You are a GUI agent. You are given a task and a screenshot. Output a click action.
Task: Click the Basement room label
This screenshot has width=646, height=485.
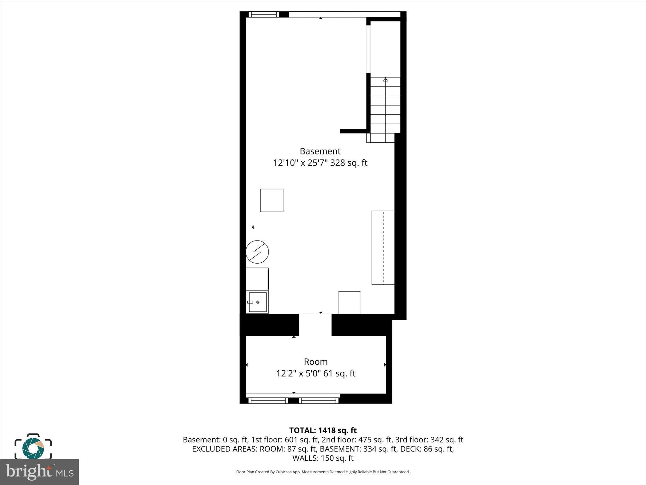coord(320,151)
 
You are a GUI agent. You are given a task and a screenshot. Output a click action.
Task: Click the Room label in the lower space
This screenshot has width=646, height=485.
coord(315,362)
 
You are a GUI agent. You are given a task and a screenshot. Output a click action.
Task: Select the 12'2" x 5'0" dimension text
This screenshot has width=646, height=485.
coord(298,374)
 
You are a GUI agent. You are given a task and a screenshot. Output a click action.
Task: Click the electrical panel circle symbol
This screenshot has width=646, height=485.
coord(257,252)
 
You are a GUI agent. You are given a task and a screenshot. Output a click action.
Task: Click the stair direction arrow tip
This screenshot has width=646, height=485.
coord(385,80)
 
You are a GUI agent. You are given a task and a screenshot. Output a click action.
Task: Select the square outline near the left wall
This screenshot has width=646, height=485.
coord(272,200)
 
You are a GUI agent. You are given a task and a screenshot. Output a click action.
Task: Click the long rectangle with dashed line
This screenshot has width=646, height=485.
coord(383,248)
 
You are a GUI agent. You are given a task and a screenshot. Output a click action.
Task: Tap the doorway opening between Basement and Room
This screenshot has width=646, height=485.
coord(315,325)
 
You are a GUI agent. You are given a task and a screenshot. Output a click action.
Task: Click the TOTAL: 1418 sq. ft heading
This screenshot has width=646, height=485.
coord(323,430)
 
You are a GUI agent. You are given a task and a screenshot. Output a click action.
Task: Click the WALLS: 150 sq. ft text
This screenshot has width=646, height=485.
coord(323,458)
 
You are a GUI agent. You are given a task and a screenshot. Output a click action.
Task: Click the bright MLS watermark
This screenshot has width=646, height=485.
coord(39,472)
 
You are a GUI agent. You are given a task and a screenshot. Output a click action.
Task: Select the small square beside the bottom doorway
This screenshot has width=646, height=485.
coord(349,302)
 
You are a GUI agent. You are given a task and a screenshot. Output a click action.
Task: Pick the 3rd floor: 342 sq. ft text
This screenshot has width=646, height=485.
coord(429,440)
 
